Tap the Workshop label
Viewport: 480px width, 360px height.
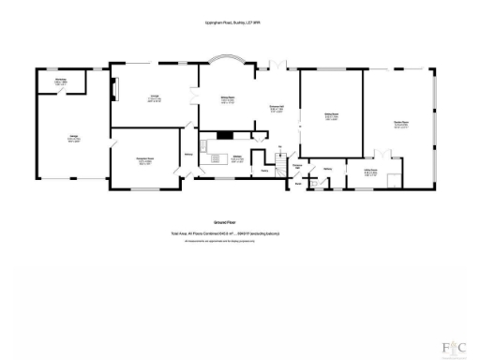coord(61,82)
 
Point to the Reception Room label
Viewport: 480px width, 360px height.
coord(146,160)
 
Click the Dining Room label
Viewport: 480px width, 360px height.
coord(228,100)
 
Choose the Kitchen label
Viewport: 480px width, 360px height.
coord(238,159)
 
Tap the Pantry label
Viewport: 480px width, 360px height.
coord(265,170)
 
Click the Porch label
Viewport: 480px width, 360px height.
coord(297,184)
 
